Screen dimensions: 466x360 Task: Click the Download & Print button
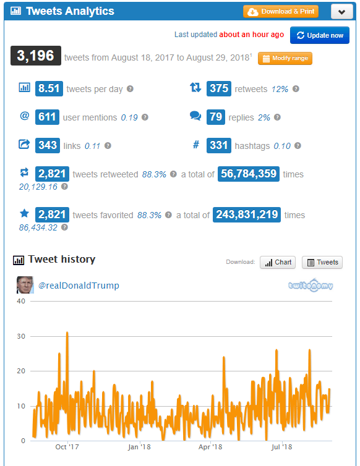(x=281, y=12)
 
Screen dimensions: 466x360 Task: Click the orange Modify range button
(x=285, y=59)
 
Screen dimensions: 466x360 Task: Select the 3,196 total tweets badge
(x=36, y=56)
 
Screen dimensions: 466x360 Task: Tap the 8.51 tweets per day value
(x=49, y=88)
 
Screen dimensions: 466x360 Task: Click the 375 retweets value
(x=218, y=88)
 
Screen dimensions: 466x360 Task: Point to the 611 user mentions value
(x=47, y=117)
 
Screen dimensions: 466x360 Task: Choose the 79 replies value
(x=216, y=117)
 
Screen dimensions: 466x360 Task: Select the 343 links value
(x=47, y=145)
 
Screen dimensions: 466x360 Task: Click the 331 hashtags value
(x=218, y=145)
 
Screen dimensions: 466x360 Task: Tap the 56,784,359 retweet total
(x=249, y=174)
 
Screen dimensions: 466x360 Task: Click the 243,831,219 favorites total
(x=247, y=214)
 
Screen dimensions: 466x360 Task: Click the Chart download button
(x=278, y=262)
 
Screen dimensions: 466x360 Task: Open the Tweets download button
(x=322, y=262)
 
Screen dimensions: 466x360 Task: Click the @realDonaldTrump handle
(x=79, y=285)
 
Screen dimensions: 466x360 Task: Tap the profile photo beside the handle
(x=25, y=285)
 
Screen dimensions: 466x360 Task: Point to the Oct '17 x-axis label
(x=67, y=447)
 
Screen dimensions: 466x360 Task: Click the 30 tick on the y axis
(x=21, y=336)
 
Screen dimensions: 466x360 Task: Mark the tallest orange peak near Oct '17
(x=67, y=333)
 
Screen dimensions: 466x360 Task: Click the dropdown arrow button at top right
(x=342, y=12)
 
